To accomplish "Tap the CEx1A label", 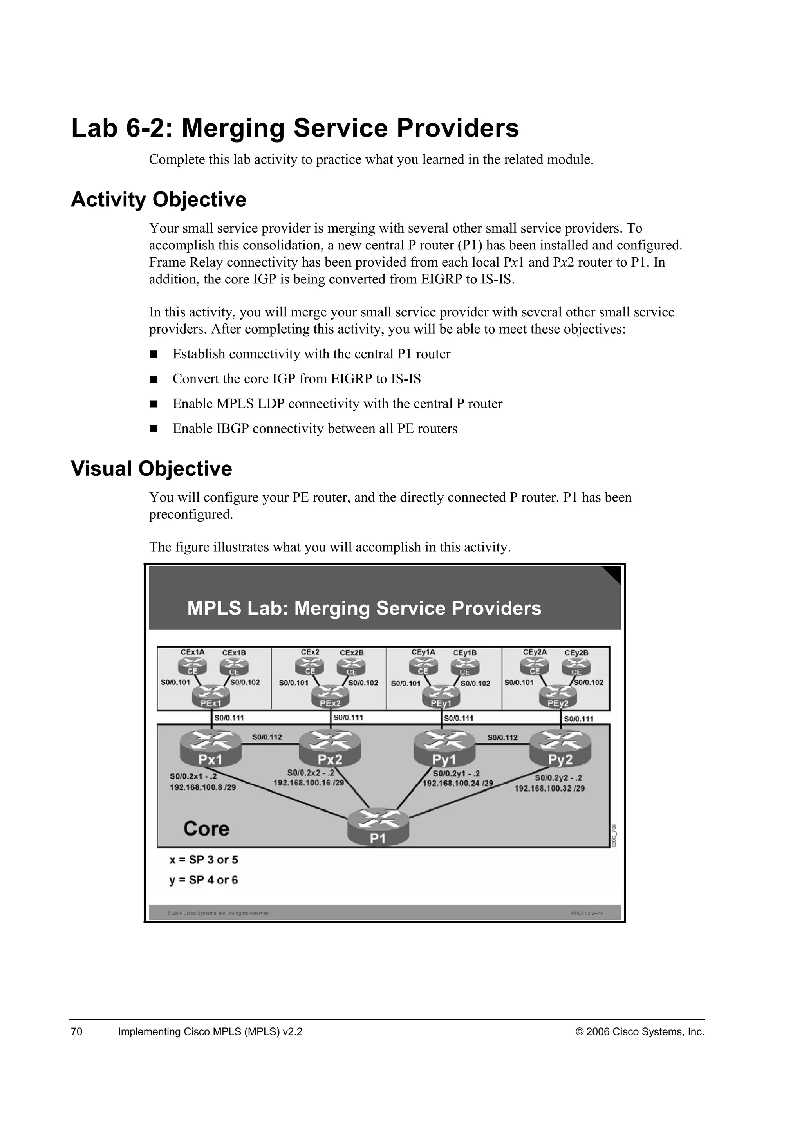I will pyautogui.click(x=192, y=652).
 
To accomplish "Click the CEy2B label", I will pyautogui.click(x=576, y=652).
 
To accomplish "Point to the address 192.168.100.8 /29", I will pyautogui.click(x=202, y=787).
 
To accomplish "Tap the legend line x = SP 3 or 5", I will pyautogui.click(x=204, y=860).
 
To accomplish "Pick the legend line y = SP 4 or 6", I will pyautogui.click(x=204, y=879).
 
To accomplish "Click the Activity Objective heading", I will pyautogui.click(x=159, y=200).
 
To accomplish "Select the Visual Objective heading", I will pyautogui.click(x=151, y=469).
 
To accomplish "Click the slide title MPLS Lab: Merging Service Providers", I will pyautogui.click(x=364, y=608).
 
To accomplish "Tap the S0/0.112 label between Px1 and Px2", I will pyautogui.click(x=267, y=737).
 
